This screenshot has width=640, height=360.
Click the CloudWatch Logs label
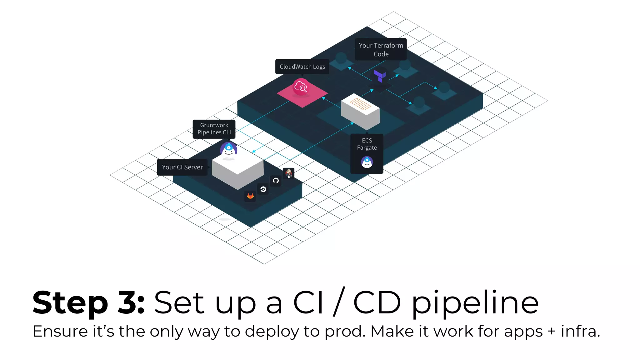[x=302, y=67]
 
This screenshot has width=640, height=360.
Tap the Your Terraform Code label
[x=381, y=49]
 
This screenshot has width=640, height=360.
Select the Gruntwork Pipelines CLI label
[x=214, y=129]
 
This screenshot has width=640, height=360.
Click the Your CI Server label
[x=182, y=167]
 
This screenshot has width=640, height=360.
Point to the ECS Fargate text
[x=367, y=144]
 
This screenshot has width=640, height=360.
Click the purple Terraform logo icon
[x=380, y=76]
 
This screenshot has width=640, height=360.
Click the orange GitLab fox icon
[x=250, y=196]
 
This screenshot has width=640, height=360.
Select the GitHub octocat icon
[x=276, y=181]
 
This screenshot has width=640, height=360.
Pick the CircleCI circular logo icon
[x=263, y=189]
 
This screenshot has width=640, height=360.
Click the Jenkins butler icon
[x=289, y=173]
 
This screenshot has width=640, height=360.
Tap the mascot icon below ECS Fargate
[x=367, y=162]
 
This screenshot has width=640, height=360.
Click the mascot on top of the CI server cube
[x=228, y=150]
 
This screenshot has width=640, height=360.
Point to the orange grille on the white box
[x=360, y=104]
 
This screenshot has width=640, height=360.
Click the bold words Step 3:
[x=88, y=302]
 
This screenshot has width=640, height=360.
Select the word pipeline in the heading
[x=475, y=302]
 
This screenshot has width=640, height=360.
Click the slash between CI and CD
[x=339, y=302]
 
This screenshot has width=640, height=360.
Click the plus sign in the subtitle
[x=552, y=332]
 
